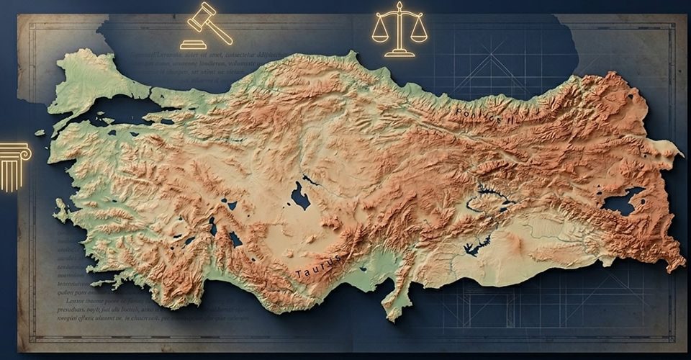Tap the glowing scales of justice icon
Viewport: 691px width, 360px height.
pyautogui.click(x=399, y=30)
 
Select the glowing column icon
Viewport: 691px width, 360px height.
pyautogui.click(x=13, y=166)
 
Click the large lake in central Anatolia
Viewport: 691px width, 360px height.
pyautogui.click(x=300, y=195)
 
